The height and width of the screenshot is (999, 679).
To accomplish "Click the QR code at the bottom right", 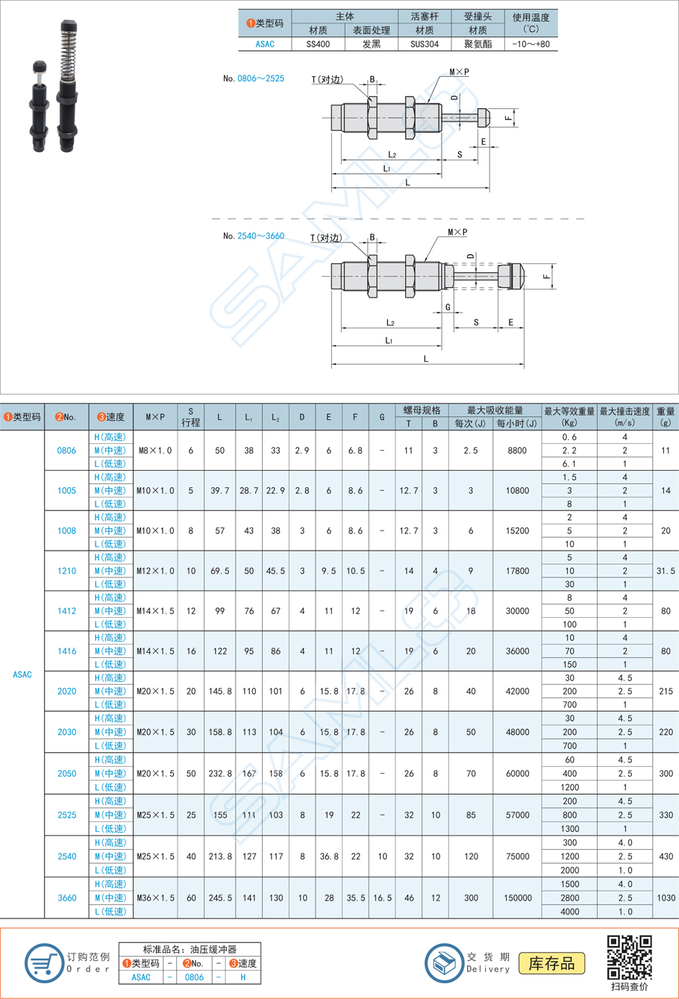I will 629,956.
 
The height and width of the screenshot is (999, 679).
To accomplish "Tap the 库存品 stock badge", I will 552,963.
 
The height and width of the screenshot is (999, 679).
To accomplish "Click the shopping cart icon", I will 43,962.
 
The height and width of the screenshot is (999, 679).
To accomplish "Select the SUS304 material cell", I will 425,44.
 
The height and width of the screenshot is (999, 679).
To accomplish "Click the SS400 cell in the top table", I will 318,44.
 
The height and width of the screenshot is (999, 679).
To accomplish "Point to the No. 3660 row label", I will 66,898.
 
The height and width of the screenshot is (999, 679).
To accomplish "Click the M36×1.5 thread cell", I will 155,898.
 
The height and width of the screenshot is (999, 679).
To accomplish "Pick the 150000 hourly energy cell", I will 517,898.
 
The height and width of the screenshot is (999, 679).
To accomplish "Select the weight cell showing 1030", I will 666,898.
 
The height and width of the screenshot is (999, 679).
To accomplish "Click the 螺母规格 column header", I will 422,410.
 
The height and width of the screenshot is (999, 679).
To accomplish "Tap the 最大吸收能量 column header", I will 495,410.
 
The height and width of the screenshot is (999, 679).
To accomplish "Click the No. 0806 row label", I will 66,451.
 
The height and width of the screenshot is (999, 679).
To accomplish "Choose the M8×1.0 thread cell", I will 155,451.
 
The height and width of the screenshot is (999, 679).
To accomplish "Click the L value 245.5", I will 219,898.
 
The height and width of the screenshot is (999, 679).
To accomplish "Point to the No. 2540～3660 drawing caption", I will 254,236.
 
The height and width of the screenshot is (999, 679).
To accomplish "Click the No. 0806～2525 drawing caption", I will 254,78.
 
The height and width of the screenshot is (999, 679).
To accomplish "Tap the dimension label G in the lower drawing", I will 448,307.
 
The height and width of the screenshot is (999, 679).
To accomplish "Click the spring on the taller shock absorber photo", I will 67,52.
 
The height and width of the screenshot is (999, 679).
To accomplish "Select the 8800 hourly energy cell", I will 517,451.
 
